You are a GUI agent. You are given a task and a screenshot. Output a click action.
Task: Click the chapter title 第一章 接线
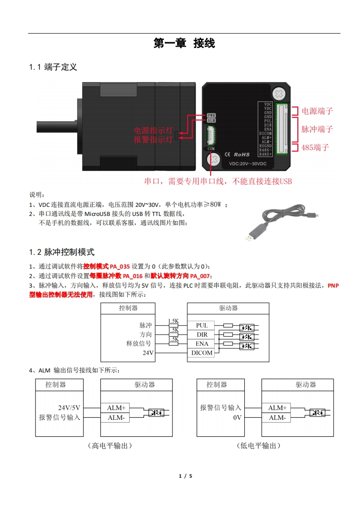(x=184, y=44)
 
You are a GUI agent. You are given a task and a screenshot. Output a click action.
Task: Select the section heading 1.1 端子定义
(x=53, y=67)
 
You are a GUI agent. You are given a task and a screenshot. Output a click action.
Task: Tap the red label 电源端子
(x=317, y=111)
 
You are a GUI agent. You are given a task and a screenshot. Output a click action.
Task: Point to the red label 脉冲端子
(x=317, y=129)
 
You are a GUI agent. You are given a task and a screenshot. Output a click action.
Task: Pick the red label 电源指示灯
(x=153, y=131)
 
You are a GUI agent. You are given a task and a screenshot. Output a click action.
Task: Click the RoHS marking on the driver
(x=242, y=155)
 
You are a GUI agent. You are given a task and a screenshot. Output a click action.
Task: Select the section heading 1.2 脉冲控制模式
(x=62, y=252)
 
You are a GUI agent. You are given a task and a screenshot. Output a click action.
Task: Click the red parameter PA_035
(x=120, y=266)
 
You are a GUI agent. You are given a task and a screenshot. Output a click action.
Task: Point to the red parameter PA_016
(x=133, y=276)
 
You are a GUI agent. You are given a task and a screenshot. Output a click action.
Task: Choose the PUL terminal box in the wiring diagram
(x=202, y=325)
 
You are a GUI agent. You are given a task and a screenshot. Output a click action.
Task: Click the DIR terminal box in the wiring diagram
(x=202, y=335)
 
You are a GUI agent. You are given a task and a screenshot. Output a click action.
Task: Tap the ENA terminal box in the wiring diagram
(x=202, y=344)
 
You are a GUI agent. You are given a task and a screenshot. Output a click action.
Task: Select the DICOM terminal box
(x=202, y=353)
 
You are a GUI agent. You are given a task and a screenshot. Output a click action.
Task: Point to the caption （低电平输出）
(x=258, y=446)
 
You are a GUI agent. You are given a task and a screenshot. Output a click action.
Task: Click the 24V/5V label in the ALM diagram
(x=69, y=407)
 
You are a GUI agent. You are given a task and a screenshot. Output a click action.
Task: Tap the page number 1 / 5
(x=186, y=476)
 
